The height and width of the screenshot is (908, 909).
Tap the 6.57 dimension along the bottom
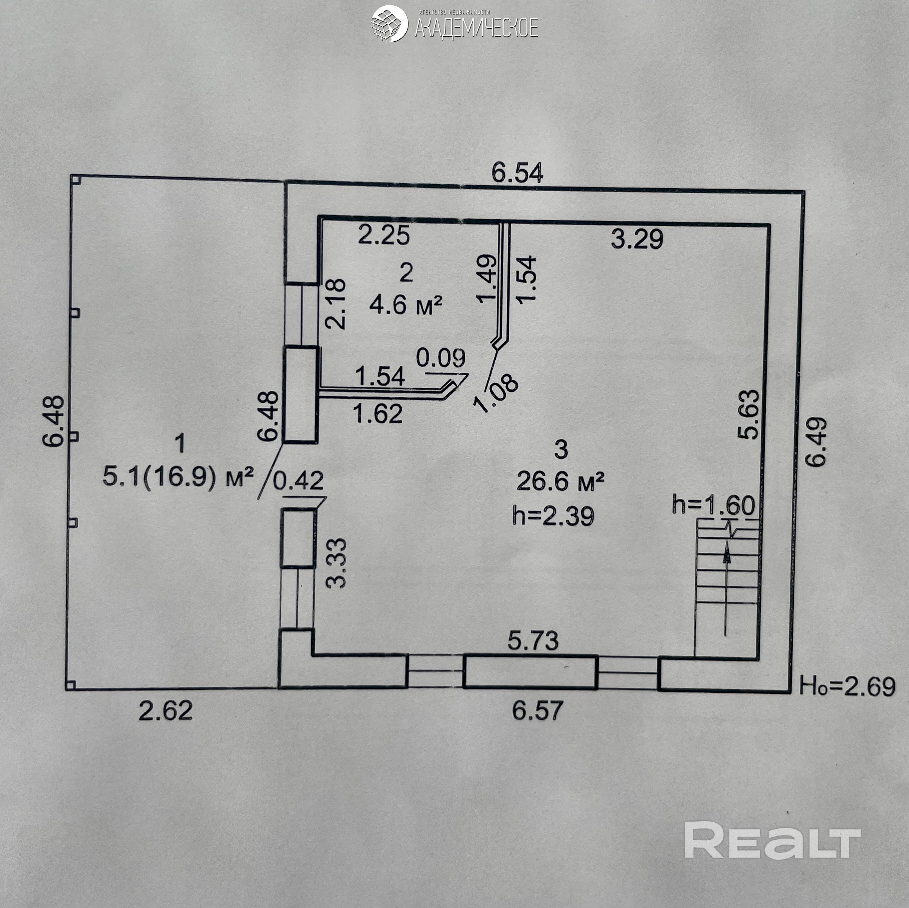tap(537, 710)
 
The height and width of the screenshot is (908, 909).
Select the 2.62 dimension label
tap(166, 711)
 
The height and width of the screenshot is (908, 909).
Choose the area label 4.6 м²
tap(406, 305)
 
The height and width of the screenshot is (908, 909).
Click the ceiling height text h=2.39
tap(553, 516)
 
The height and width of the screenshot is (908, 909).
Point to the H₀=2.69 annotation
tap(847, 687)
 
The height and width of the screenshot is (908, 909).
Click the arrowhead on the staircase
tap(727, 553)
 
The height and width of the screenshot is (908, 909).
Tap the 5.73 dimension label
tap(533, 641)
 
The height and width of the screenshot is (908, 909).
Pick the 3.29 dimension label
tap(637, 239)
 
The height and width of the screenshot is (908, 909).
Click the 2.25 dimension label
tap(384, 235)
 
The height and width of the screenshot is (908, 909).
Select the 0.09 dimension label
tap(441, 358)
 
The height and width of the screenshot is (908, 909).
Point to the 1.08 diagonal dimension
tap(497, 393)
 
